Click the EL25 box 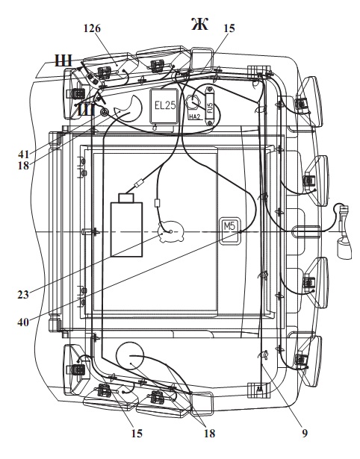(x=164, y=106)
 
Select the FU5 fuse (x=209, y=106)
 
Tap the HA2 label (x=194, y=117)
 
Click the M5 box (x=231, y=230)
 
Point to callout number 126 (x=92, y=28)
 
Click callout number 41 (x=23, y=154)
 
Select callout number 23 (x=23, y=295)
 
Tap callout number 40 (x=23, y=322)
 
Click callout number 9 (x=305, y=434)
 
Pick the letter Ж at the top (x=199, y=25)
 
